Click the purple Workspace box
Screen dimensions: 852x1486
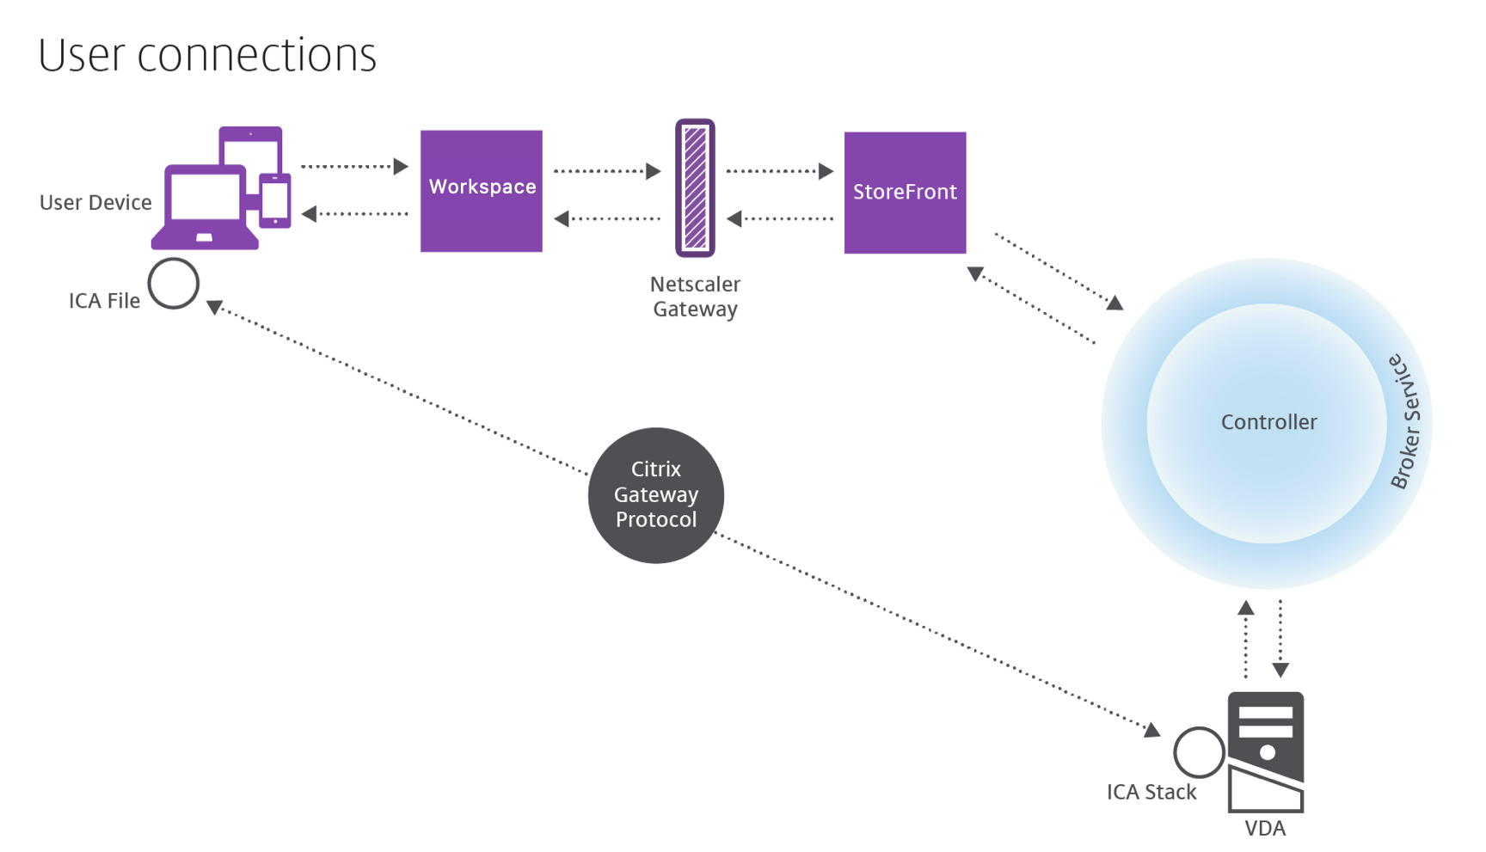[481, 191]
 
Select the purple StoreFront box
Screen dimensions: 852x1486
[905, 193]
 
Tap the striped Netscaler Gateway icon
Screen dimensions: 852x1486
[695, 187]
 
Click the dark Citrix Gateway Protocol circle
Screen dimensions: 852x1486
[655, 495]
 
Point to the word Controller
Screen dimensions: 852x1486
[1268, 422]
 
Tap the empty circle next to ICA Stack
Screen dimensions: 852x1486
[1199, 752]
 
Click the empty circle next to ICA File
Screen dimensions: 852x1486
[174, 283]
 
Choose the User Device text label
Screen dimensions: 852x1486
[95, 203]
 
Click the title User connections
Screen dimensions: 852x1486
[207, 55]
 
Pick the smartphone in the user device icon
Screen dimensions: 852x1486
[275, 200]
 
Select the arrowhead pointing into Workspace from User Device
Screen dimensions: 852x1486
[401, 166]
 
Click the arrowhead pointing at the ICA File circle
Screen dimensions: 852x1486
[214, 307]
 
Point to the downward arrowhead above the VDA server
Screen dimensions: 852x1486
[1280, 670]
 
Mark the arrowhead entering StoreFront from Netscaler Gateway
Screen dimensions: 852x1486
[826, 171]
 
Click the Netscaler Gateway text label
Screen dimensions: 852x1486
[695, 297]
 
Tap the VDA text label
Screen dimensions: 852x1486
[1265, 829]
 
